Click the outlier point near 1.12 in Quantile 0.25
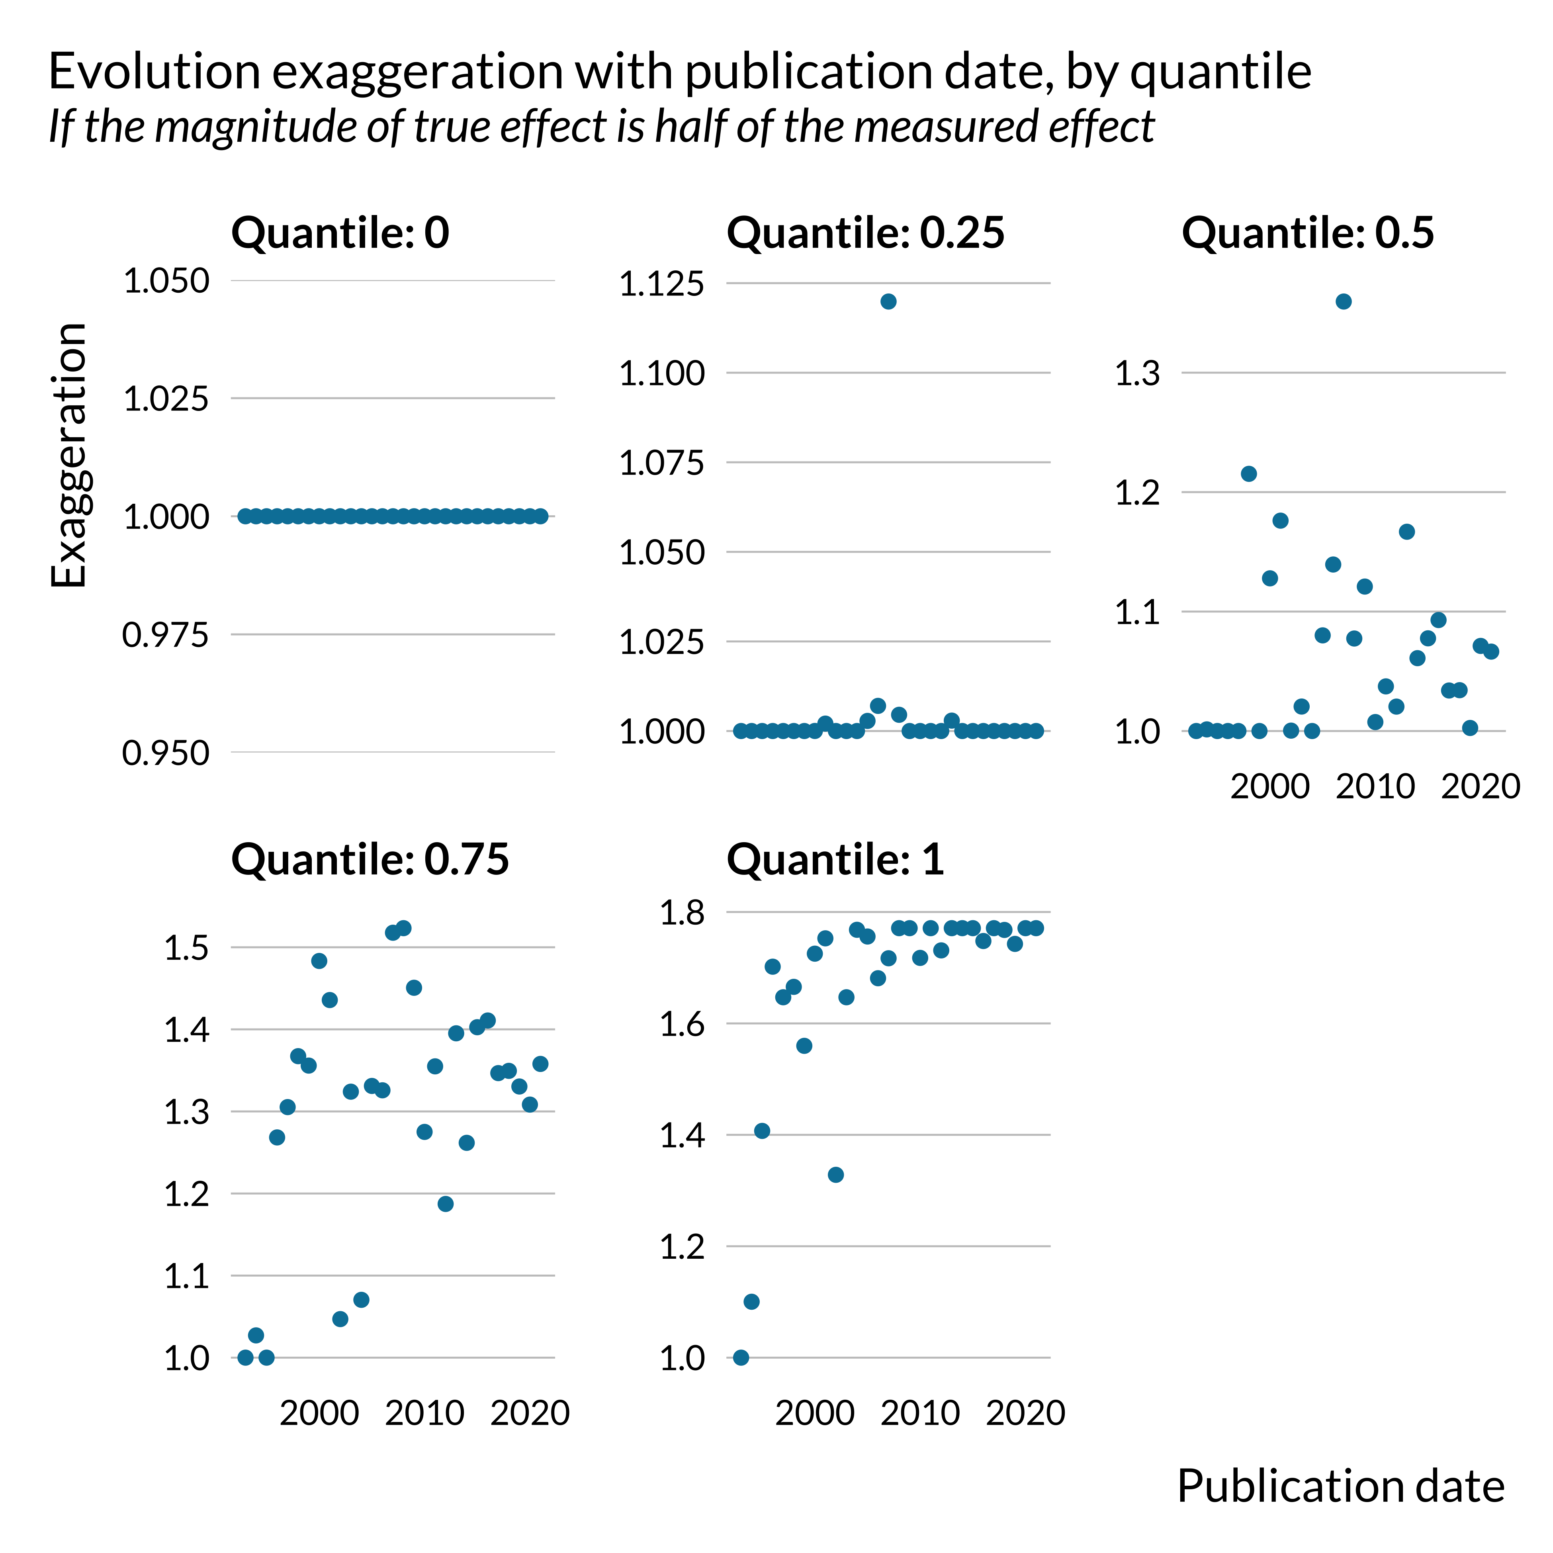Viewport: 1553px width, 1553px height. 888,301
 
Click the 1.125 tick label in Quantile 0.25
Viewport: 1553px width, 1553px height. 661,284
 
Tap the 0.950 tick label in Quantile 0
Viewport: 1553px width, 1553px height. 166,753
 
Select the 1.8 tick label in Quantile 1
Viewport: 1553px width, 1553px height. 682,913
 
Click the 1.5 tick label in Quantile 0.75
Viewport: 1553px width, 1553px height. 186,949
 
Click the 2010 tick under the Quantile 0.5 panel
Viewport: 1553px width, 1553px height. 1375,786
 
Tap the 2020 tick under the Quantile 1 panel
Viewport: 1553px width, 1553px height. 1026,1413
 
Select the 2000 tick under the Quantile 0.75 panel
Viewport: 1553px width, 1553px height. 319,1413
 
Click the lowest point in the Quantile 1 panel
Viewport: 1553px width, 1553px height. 741,1357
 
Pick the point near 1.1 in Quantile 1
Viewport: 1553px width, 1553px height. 751,1301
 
